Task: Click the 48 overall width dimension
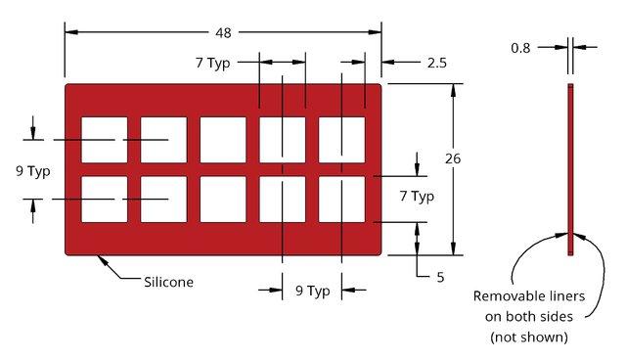click(x=223, y=32)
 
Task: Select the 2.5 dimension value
click(x=437, y=63)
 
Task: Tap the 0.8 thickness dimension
click(x=520, y=48)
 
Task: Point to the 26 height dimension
click(x=453, y=158)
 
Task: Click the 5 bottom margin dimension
click(x=440, y=277)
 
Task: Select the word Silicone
click(x=168, y=282)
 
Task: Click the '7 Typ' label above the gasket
click(x=213, y=63)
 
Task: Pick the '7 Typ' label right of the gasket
click(x=417, y=197)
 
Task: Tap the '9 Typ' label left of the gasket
click(x=32, y=171)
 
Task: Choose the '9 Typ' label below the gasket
click(x=313, y=291)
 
